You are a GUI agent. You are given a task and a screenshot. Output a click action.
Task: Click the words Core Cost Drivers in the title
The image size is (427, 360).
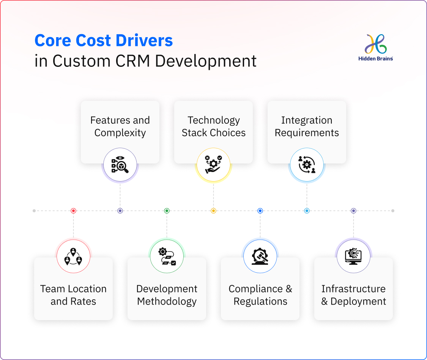click(104, 40)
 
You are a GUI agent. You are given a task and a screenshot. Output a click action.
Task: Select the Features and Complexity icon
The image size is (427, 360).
click(120, 165)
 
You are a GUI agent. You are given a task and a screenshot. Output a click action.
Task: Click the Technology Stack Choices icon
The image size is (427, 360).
click(213, 165)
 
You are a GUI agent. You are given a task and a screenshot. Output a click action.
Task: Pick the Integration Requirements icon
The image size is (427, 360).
click(307, 165)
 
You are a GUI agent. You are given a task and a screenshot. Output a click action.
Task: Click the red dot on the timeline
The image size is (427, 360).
click(73, 210)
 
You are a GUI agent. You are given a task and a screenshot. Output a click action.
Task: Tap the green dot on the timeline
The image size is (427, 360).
click(167, 210)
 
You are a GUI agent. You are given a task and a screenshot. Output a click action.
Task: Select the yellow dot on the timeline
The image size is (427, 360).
click(213, 210)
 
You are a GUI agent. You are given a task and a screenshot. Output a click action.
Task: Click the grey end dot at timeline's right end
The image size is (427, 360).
click(393, 210)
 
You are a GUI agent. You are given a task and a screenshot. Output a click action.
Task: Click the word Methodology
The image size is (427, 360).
click(167, 302)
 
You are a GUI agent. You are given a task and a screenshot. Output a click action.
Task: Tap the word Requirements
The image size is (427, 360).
click(307, 133)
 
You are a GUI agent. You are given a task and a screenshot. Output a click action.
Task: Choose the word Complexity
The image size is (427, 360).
click(120, 133)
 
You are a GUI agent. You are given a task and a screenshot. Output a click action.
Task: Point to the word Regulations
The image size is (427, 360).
click(260, 302)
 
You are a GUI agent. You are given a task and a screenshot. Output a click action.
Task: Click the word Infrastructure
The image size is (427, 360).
click(353, 289)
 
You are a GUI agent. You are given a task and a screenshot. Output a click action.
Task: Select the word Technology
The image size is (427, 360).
click(213, 120)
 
